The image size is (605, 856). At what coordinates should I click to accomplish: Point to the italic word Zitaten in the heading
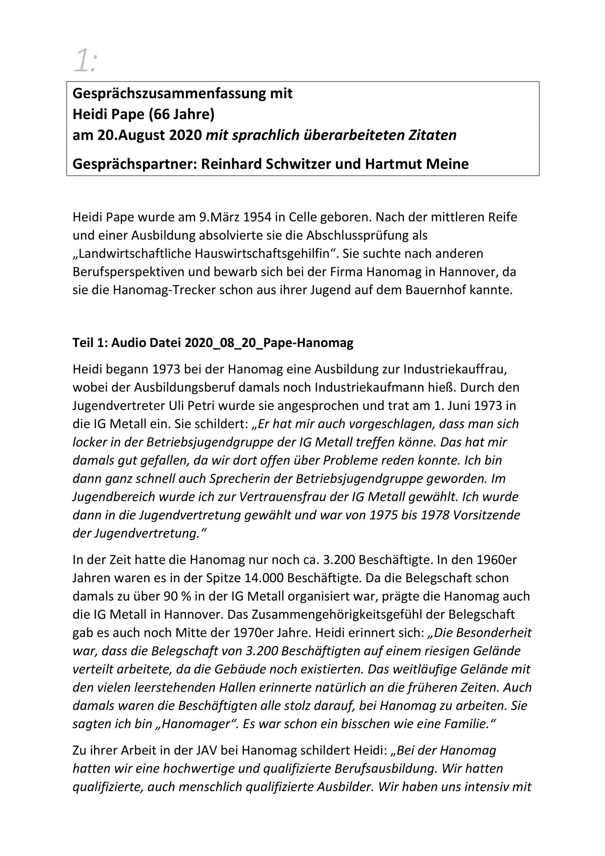[433, 135]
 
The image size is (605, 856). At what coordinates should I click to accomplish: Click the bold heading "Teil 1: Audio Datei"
[127, 343]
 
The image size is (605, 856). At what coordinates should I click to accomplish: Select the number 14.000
[263, 578]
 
